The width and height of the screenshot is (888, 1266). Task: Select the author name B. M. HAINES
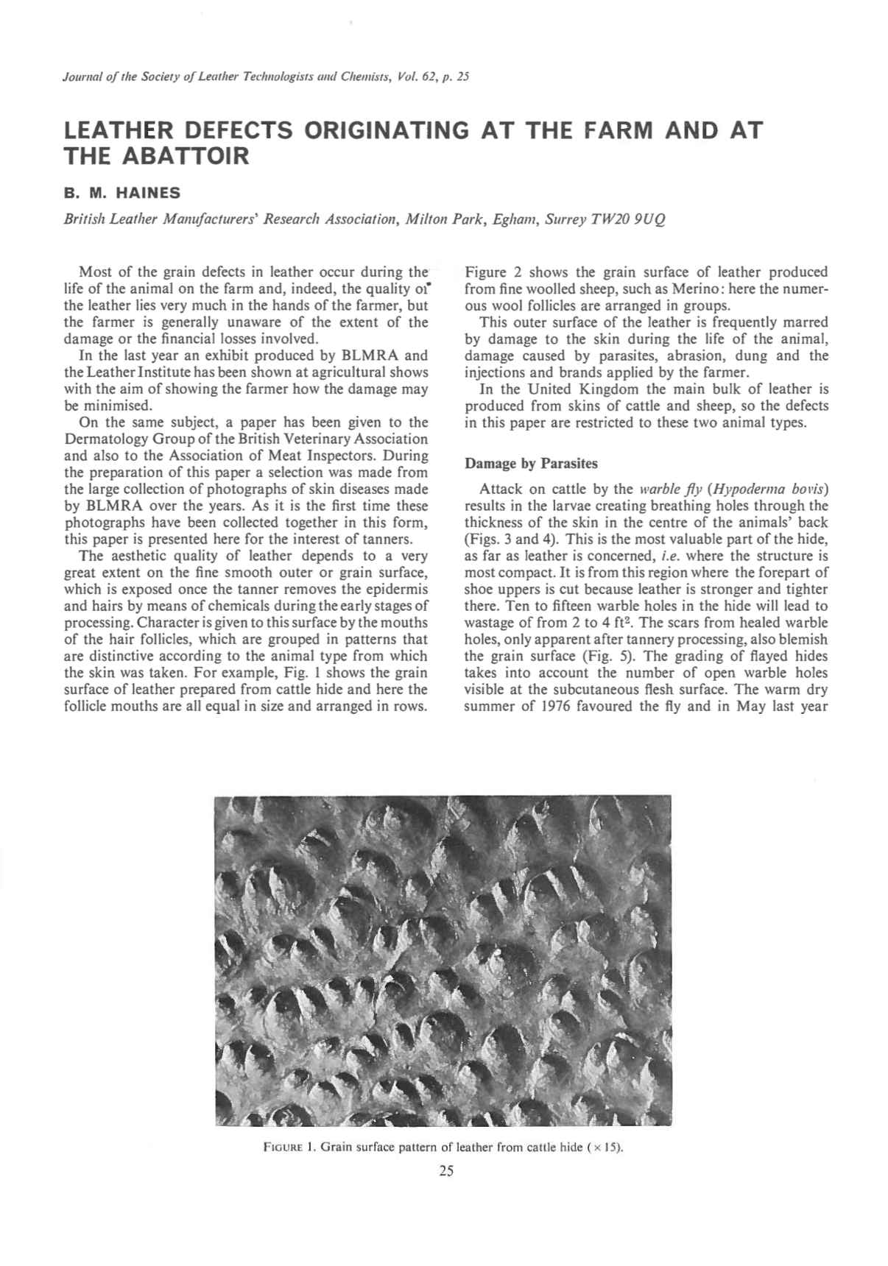tap(122, 194)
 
